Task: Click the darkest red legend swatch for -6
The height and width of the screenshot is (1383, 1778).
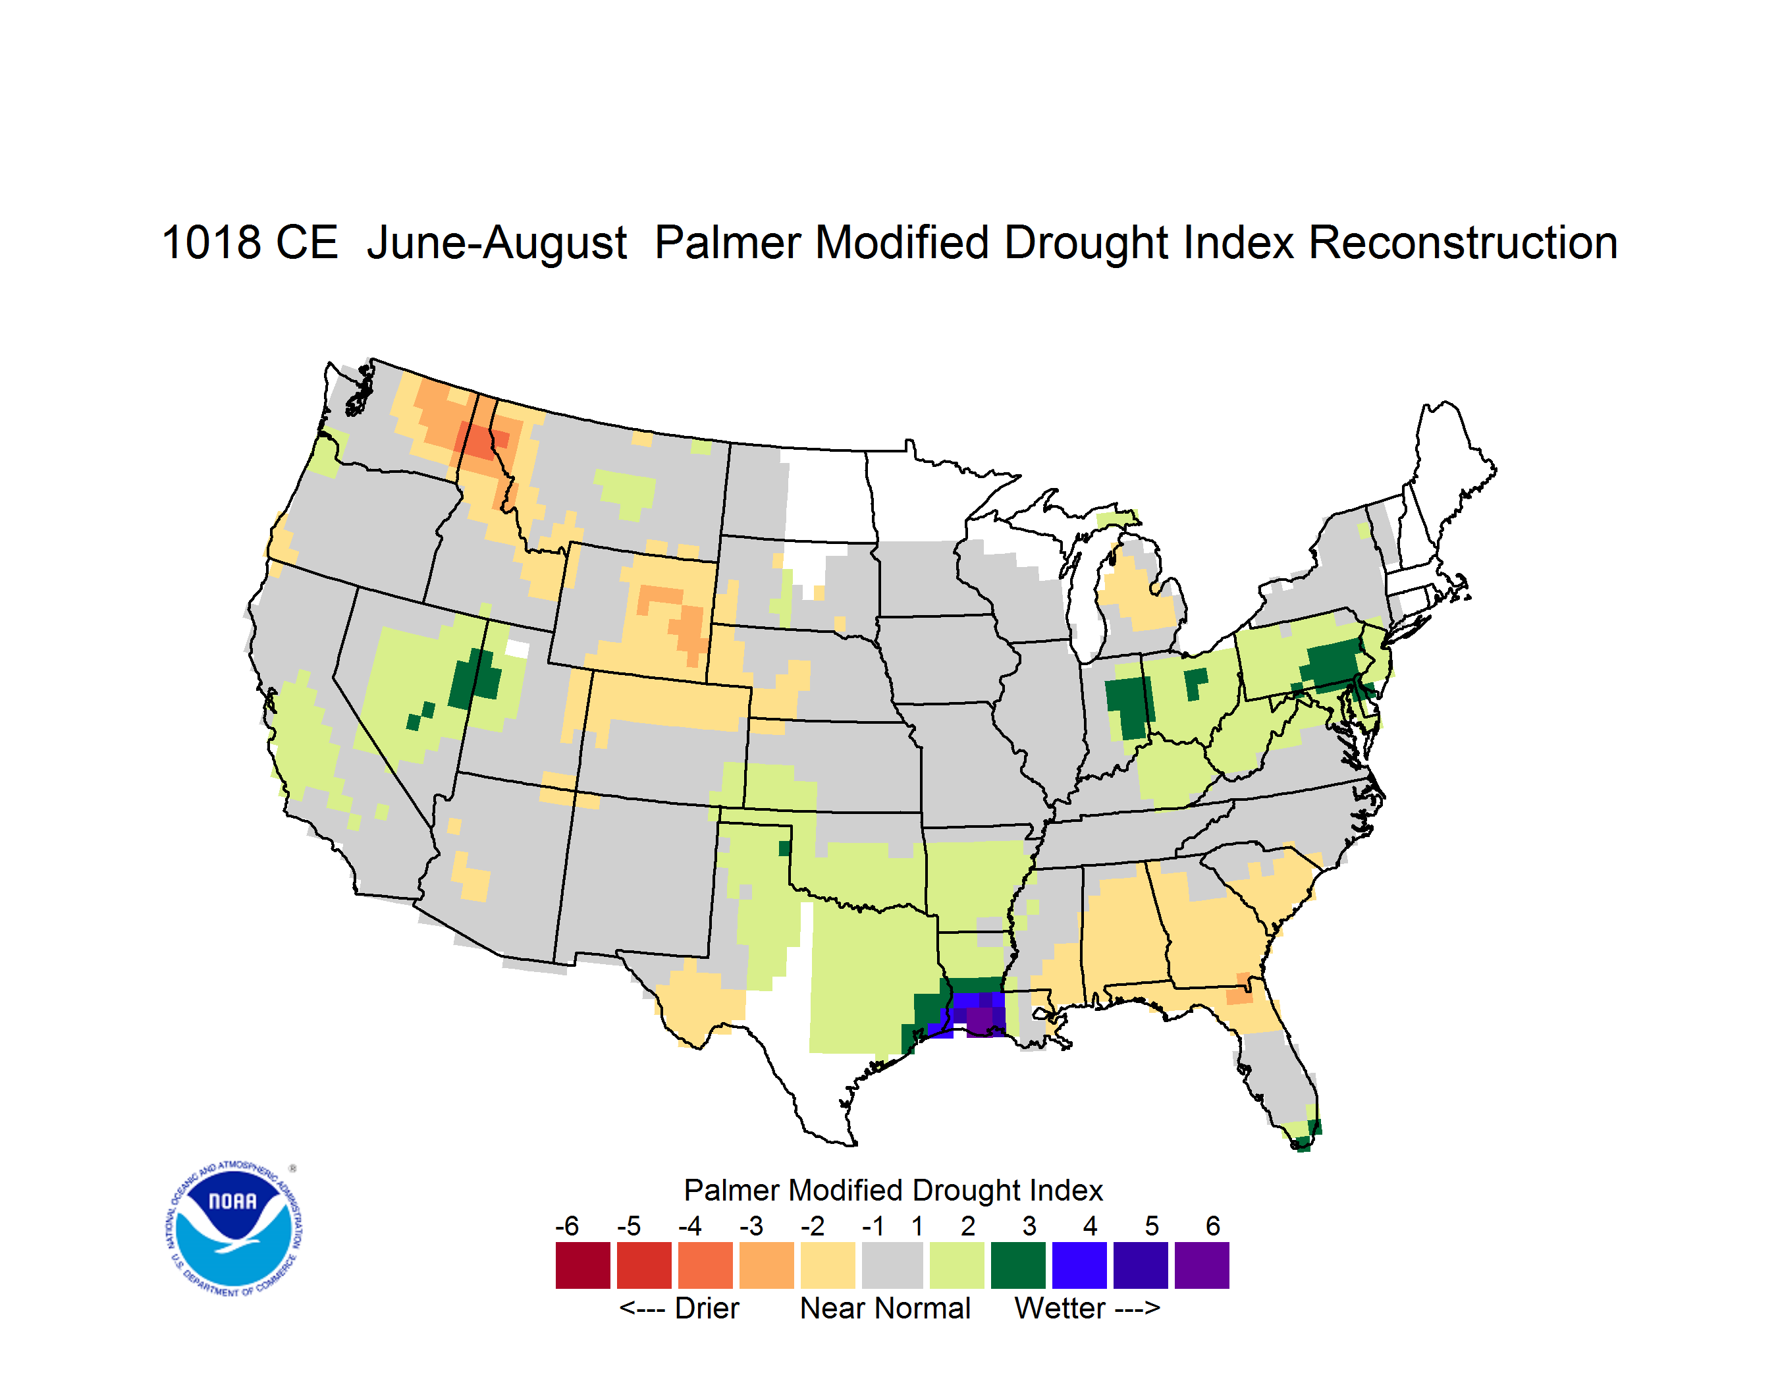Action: point(583,1265)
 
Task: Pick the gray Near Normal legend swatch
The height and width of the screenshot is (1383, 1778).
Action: point(892,1265)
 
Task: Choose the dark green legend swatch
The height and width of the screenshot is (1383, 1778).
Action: point(1017,1265)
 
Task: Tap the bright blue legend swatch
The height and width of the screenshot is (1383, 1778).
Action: point(1079,1265)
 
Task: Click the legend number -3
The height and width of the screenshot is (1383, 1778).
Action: point(751,1226)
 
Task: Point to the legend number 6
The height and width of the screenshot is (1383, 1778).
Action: point(1213,1226)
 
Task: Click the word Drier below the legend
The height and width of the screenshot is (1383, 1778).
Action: point(707,1308)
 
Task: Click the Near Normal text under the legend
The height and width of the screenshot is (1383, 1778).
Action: point(885,1308)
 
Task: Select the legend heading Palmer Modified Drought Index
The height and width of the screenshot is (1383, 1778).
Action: point(893,1190)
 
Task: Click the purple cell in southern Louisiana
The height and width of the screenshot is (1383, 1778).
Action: point(979,1021)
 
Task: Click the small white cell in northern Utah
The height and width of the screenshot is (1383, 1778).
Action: point(517,649)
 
